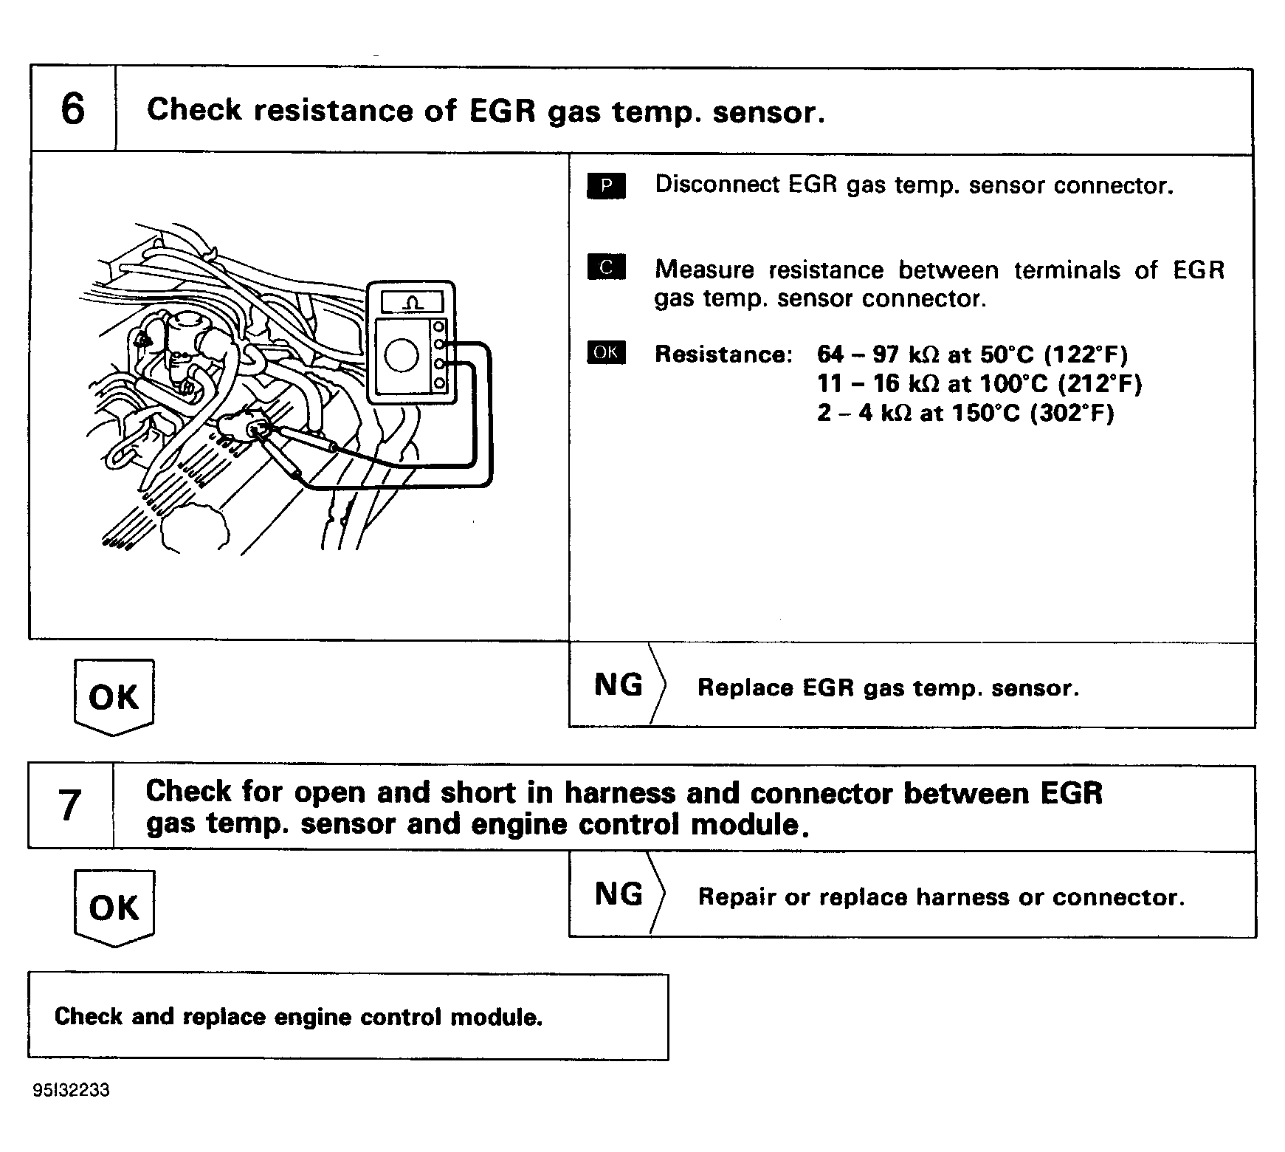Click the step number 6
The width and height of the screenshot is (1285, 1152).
pos(72,110)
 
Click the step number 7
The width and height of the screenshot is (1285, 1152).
pos(70,806)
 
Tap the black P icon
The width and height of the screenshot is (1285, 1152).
pos(606,186)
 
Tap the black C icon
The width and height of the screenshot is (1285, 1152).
pos(606,267)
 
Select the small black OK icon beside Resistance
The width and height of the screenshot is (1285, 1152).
pos(606,353)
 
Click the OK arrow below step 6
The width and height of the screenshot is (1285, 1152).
pos(114,696)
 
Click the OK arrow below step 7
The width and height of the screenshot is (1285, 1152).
pos(114,908)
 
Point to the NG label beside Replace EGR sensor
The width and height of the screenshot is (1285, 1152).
pos(619,685)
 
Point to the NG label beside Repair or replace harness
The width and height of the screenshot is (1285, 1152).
pos(619,894)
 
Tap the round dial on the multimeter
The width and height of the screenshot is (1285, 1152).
pos(402,357)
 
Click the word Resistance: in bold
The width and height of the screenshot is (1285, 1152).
pos(723,354)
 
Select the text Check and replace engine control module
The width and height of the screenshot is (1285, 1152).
pos(298,1017)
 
